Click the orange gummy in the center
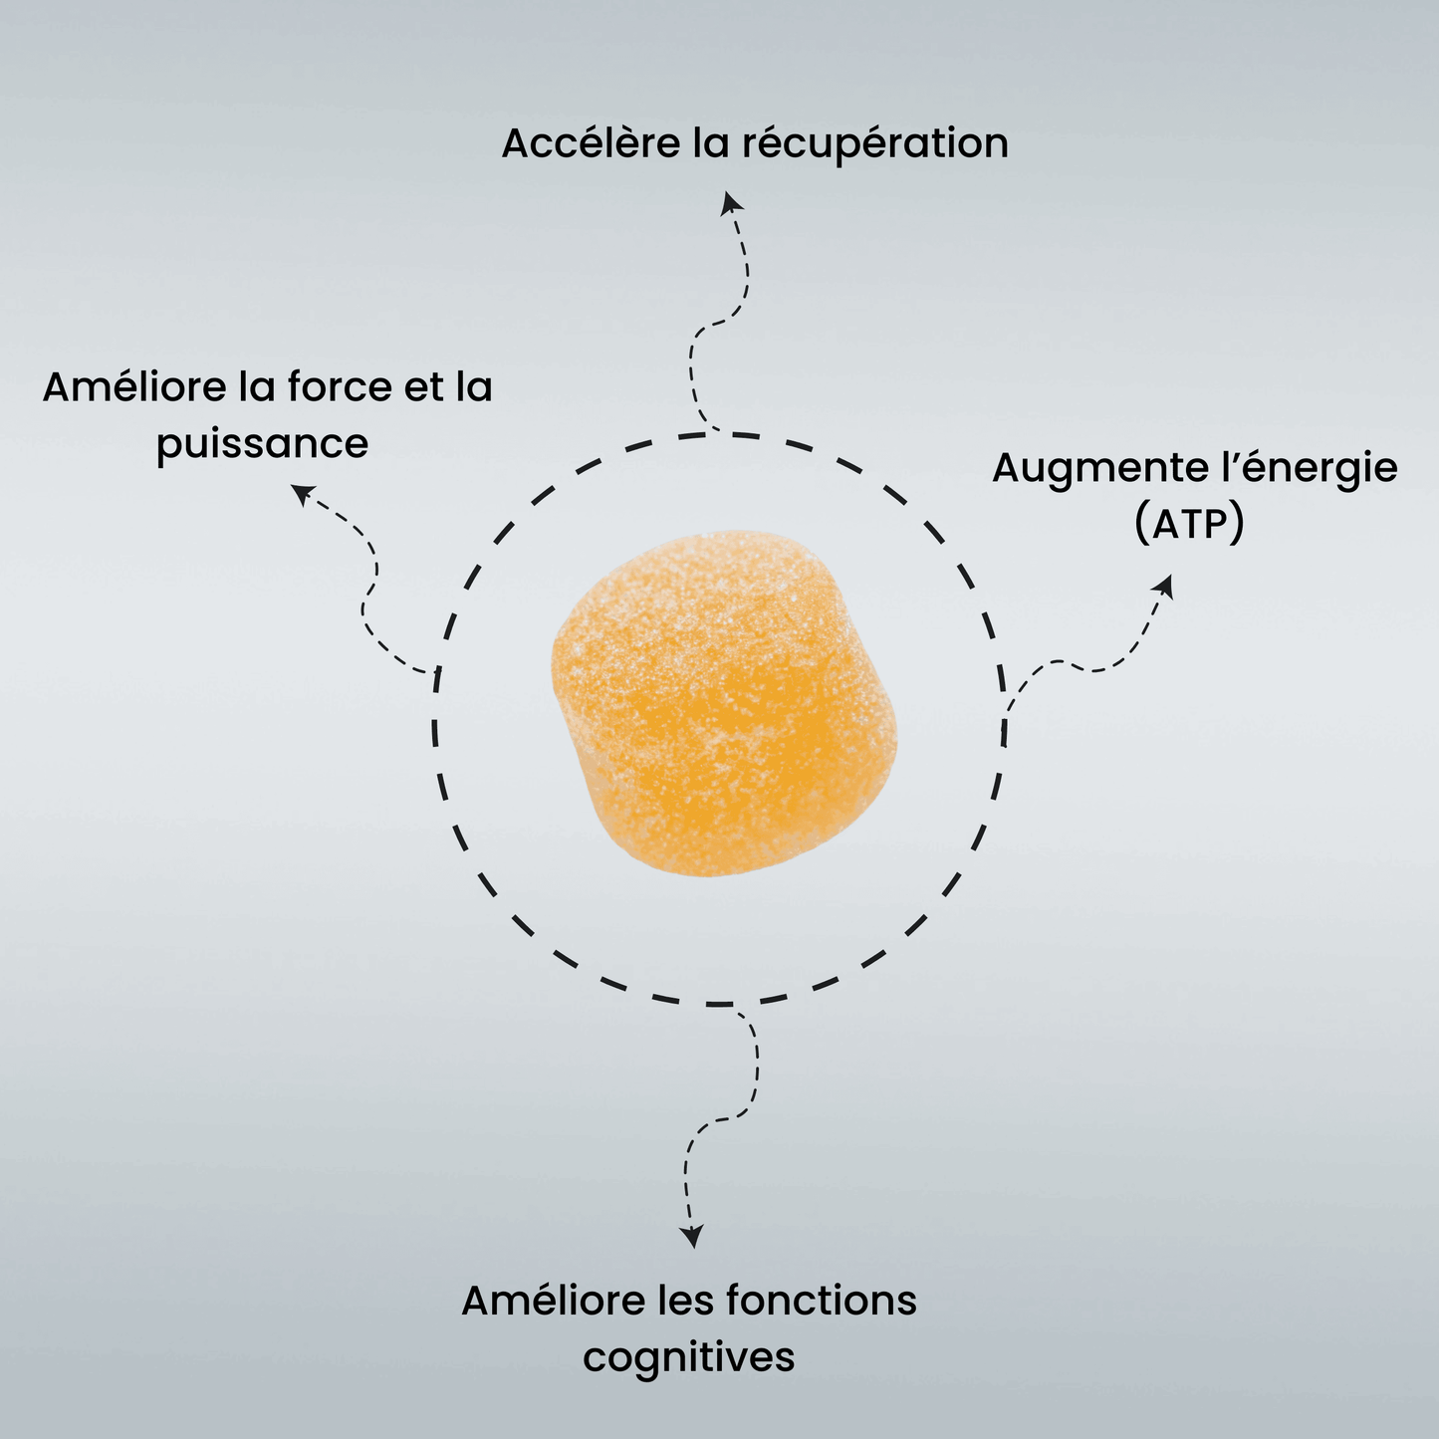(x=724, y=704)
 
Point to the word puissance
(x=262, y=444)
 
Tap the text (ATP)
(x=1189, y=524)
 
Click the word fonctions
(x=821, y=1301)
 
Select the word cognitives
(x=689, y=1357)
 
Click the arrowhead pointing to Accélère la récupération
(x=731, y=202)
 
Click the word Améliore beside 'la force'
(x=134, y=386)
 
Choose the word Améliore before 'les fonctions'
(x=554, y=1301)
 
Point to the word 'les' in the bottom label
(x=687, y=1301)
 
